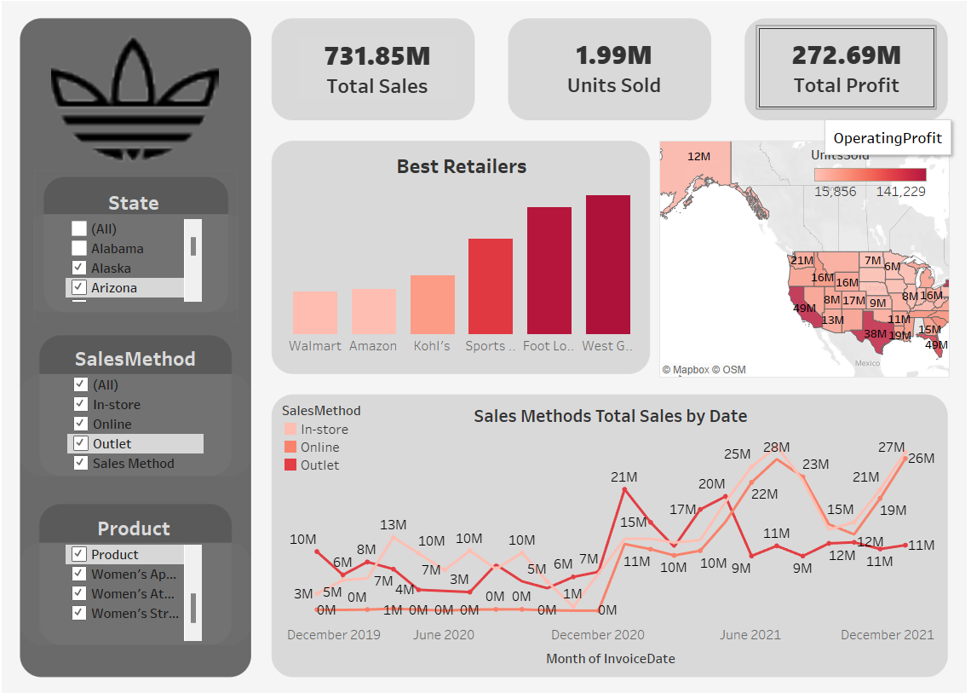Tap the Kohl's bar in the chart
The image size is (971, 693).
432,304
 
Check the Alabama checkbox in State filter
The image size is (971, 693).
79,248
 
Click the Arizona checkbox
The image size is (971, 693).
79,287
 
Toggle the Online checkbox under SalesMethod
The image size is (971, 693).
81,424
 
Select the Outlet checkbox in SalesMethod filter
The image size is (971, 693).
81,443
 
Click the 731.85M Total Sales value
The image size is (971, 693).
376,56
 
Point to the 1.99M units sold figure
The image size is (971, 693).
613,55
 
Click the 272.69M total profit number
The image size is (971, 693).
846,55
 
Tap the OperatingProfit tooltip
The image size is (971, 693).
888,138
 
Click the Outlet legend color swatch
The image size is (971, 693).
290,465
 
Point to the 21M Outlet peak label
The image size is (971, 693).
624,477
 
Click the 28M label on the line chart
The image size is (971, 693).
776,447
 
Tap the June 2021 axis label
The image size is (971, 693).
750,634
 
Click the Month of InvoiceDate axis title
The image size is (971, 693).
610,658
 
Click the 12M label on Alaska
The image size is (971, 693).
698,156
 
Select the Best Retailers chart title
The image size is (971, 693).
461,166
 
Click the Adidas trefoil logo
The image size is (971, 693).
135,94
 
